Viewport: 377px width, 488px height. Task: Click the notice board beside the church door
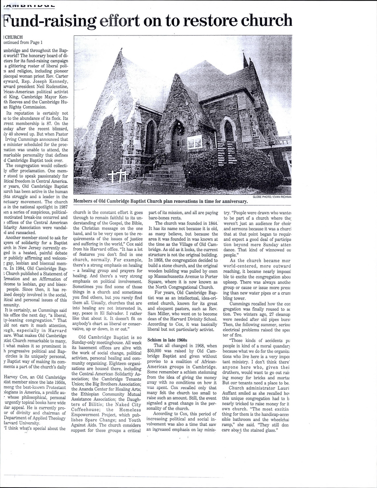[195, 143]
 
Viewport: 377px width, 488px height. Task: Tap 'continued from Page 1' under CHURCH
[23, 42]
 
